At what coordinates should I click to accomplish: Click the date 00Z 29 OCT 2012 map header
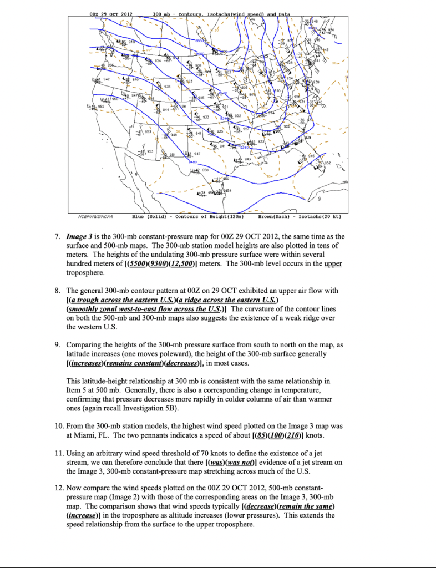(111, 13)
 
